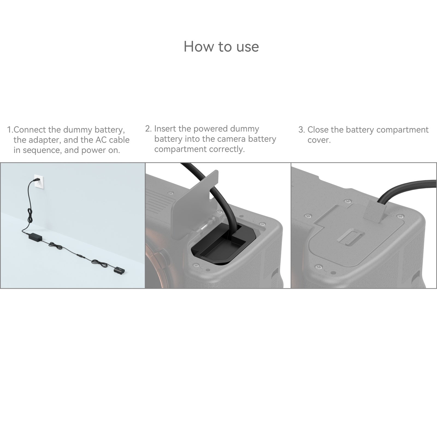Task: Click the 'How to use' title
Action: coord(221,46)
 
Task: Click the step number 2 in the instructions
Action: coord(147,129)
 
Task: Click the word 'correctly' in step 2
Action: coord(230,149)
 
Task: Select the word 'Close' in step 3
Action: coord(318,130)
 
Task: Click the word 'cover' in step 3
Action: coord(318,140)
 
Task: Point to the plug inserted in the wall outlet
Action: coord(36,180)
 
